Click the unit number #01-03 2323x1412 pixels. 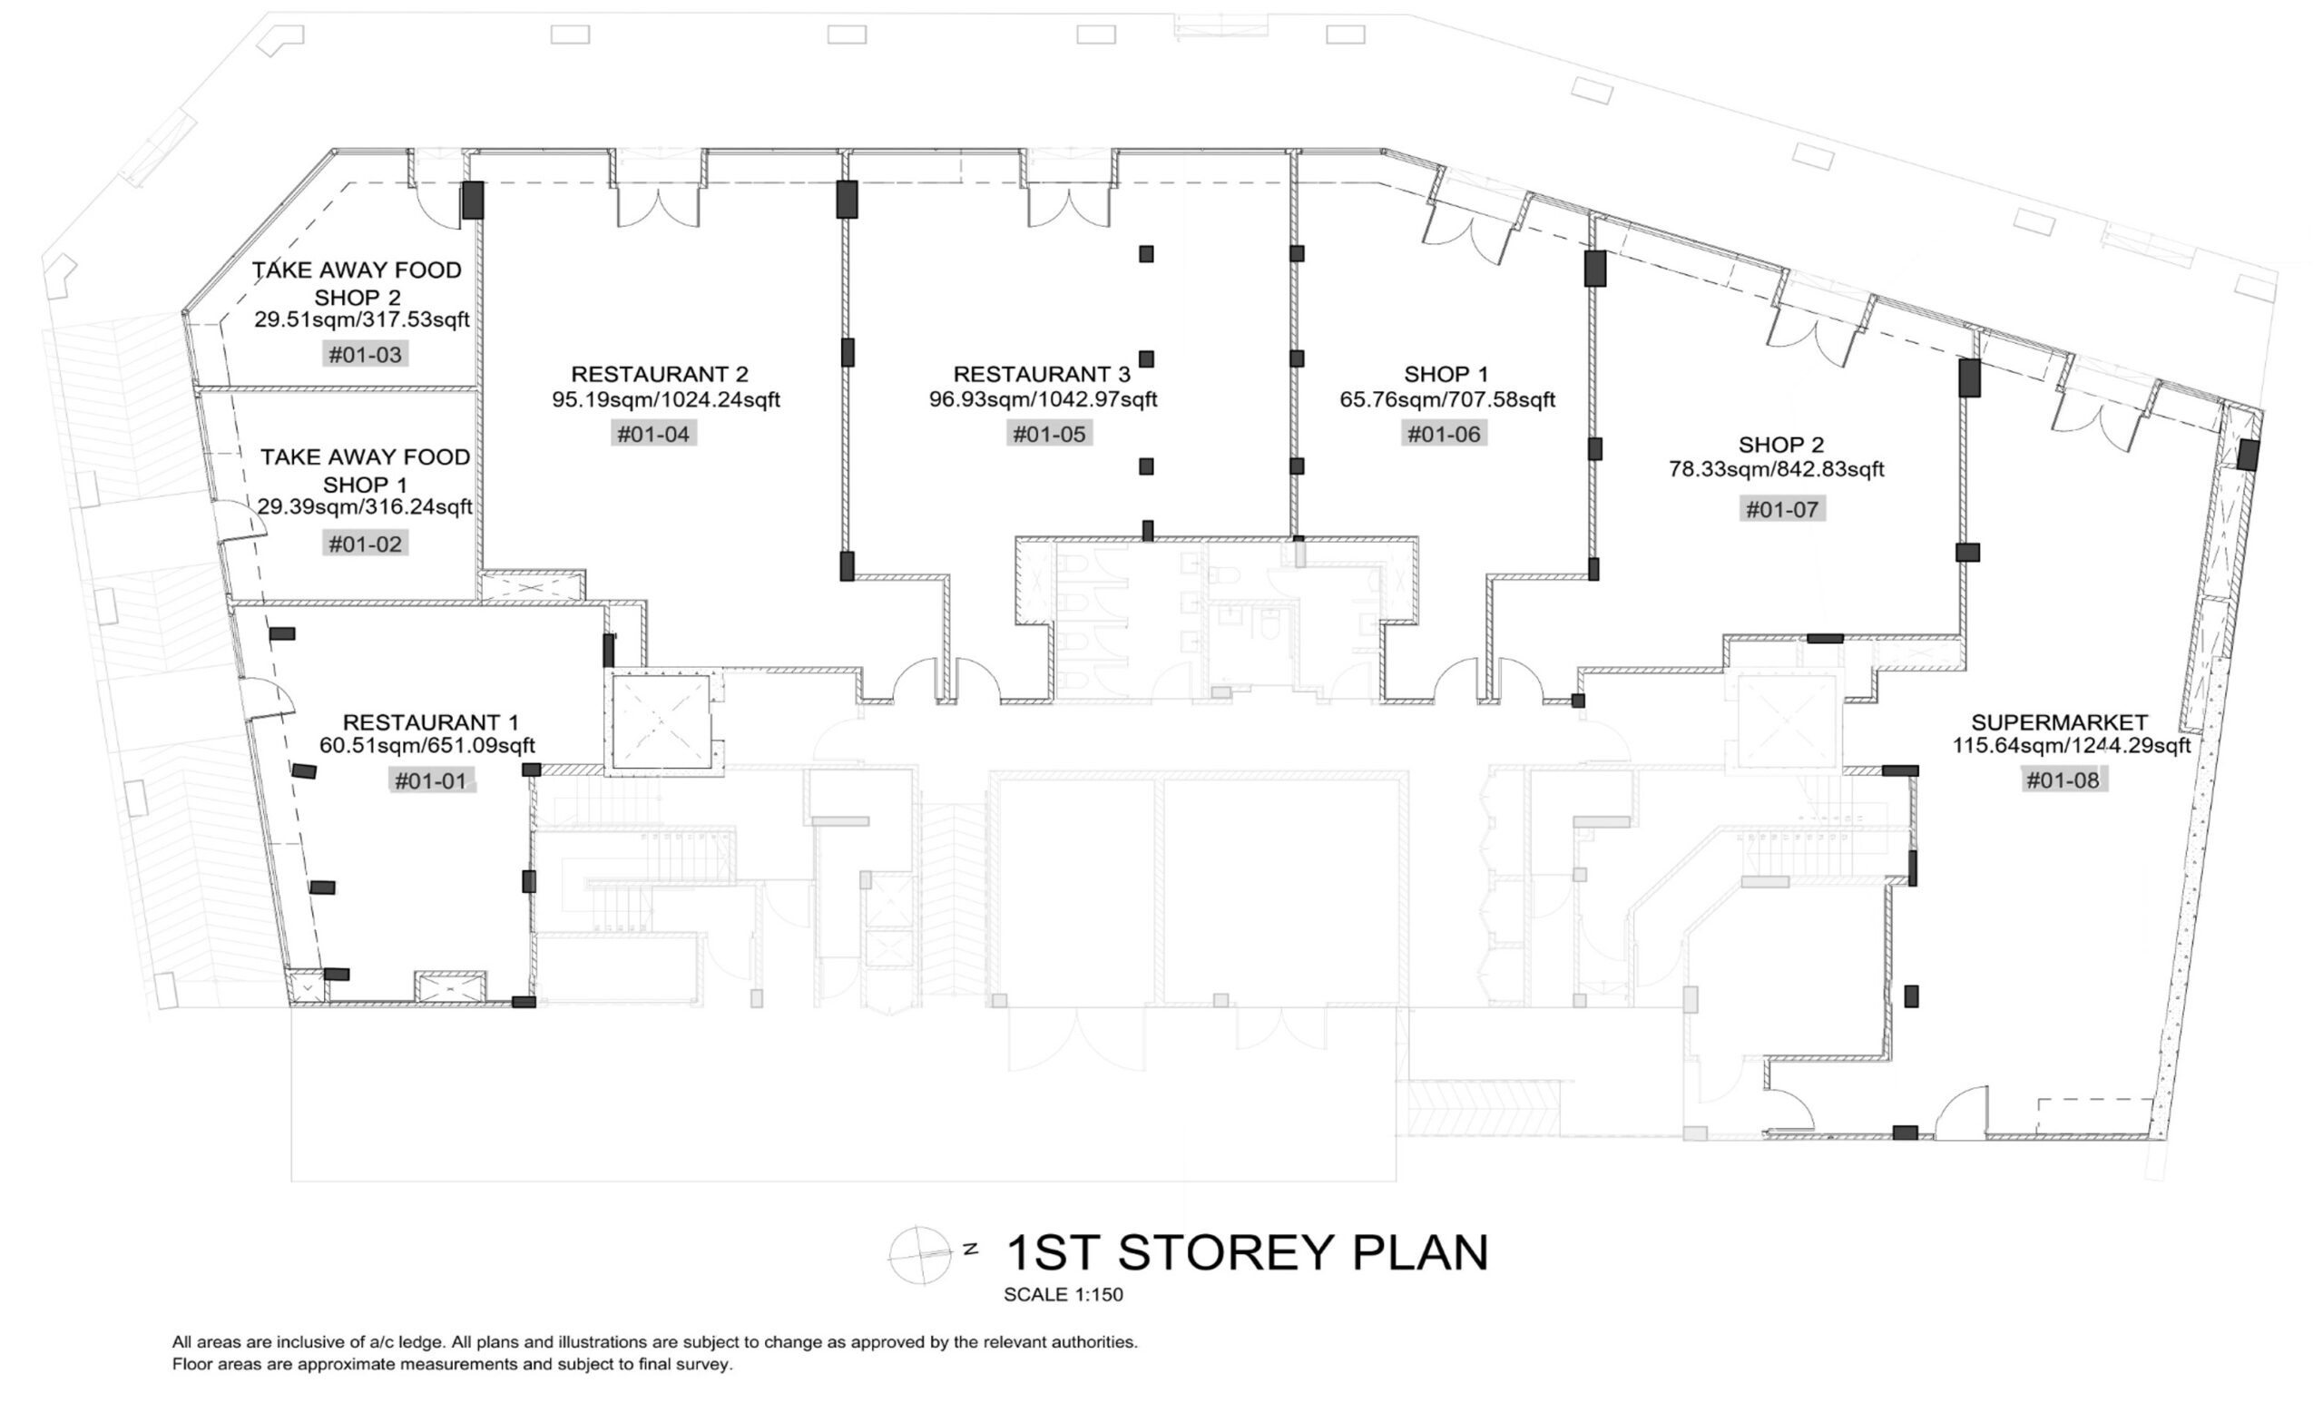365,355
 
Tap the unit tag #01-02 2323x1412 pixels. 365,543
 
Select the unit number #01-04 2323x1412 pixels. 653,434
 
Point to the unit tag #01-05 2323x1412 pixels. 1049,434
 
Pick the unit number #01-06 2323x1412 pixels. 1445,434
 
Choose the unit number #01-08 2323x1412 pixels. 2063,780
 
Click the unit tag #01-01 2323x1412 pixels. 432,780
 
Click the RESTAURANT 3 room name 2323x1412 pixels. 1042,374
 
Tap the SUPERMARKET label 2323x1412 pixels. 2059,722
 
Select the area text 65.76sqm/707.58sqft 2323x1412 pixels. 1447,399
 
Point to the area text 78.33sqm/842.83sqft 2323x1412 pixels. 1776,468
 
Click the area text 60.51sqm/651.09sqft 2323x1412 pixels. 427,746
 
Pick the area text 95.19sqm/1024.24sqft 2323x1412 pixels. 667,399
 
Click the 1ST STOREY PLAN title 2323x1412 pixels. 1249,1252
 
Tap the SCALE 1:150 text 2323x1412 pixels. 1063,1295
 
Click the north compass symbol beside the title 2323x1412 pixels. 920,1255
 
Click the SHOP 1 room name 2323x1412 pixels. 1447,374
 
